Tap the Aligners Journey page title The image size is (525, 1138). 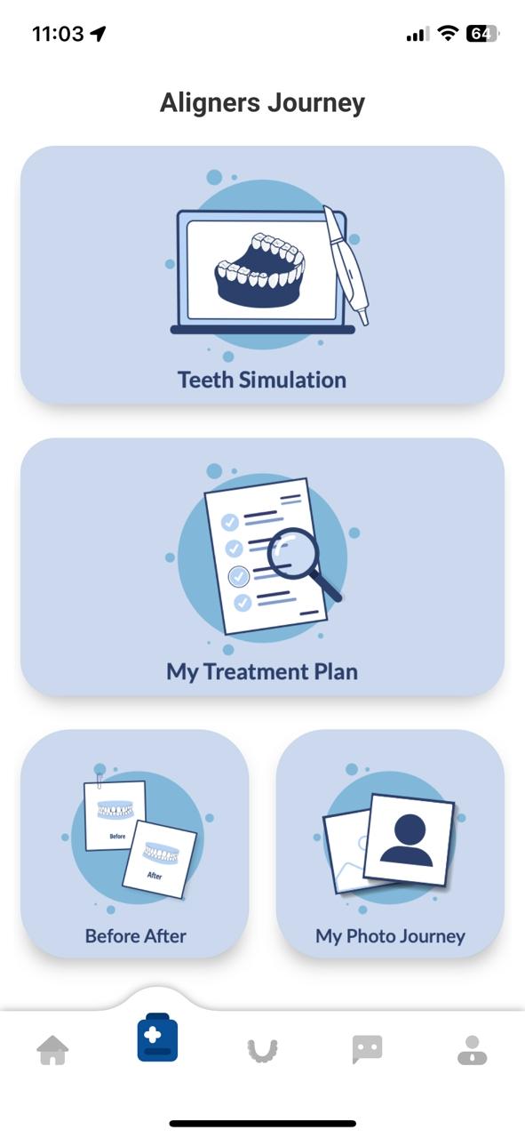pos(263,104)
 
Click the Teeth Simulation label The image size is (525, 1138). pos(262,380)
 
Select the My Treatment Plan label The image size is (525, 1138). pos(262,672)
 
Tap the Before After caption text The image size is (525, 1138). pos(136,936)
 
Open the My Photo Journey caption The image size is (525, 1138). pos(390,936)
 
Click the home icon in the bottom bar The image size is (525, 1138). pos(52,1050)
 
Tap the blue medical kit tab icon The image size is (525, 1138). pos(157,1037)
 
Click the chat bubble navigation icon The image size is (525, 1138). pos(367,1049)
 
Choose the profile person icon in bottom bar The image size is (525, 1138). pos(473,1050)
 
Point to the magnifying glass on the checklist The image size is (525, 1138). pos(300,561)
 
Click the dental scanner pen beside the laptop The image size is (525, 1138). pos(346,265)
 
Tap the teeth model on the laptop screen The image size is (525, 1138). pos(260,269)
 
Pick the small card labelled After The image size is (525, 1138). pos(159,860)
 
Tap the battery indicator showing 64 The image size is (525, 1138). pos(482,34)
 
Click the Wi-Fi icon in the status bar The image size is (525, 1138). pos(448,34)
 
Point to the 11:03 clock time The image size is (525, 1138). pos(58,34)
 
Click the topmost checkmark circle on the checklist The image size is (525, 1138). pos(230,522)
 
